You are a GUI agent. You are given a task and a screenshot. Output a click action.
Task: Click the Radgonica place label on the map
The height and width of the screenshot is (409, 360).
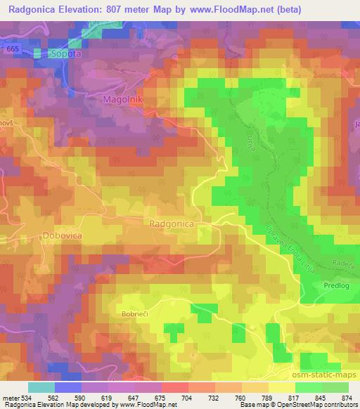172,223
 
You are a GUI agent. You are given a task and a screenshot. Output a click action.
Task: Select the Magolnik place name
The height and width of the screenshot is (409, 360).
123,100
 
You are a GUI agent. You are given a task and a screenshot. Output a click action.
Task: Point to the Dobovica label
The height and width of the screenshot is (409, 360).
62,235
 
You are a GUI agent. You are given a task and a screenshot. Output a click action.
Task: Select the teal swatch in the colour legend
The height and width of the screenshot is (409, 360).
41,387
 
